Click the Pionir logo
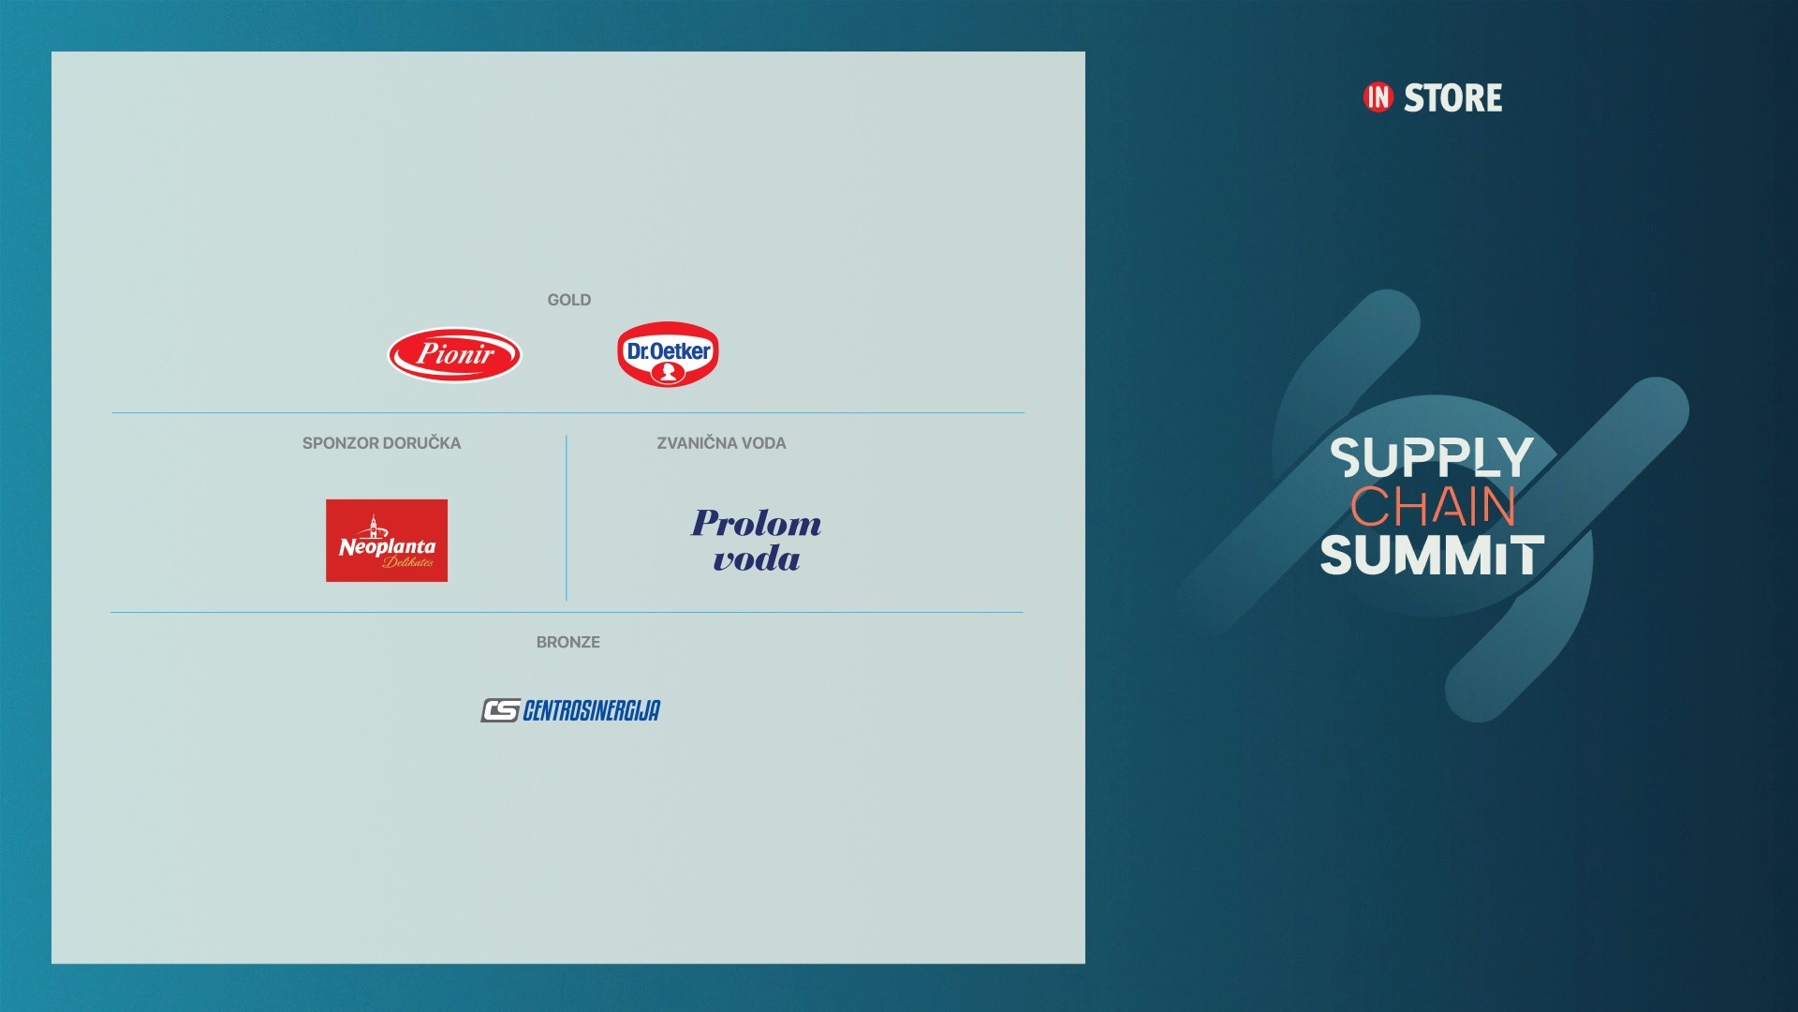tap(455, 354)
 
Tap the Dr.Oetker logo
tap(668, 354)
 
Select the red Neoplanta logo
tap(387, 541)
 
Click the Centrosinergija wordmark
tap(592, 710)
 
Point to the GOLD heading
tap(569, 300)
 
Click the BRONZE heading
tap(568, 642)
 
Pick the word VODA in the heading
tap(764, 443)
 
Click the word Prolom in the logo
tap(757, 523)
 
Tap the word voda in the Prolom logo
tap(757, 559)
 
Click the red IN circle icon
tap(1378, 97)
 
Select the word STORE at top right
tap(1453, 97)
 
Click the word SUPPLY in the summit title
tap(1432, 457)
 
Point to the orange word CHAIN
tap(1433, 506)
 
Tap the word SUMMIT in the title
tap(1433, 555)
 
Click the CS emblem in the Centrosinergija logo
tap(500, 711)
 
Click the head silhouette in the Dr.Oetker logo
tap(669, 373)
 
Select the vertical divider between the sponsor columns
tap(567, 517)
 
